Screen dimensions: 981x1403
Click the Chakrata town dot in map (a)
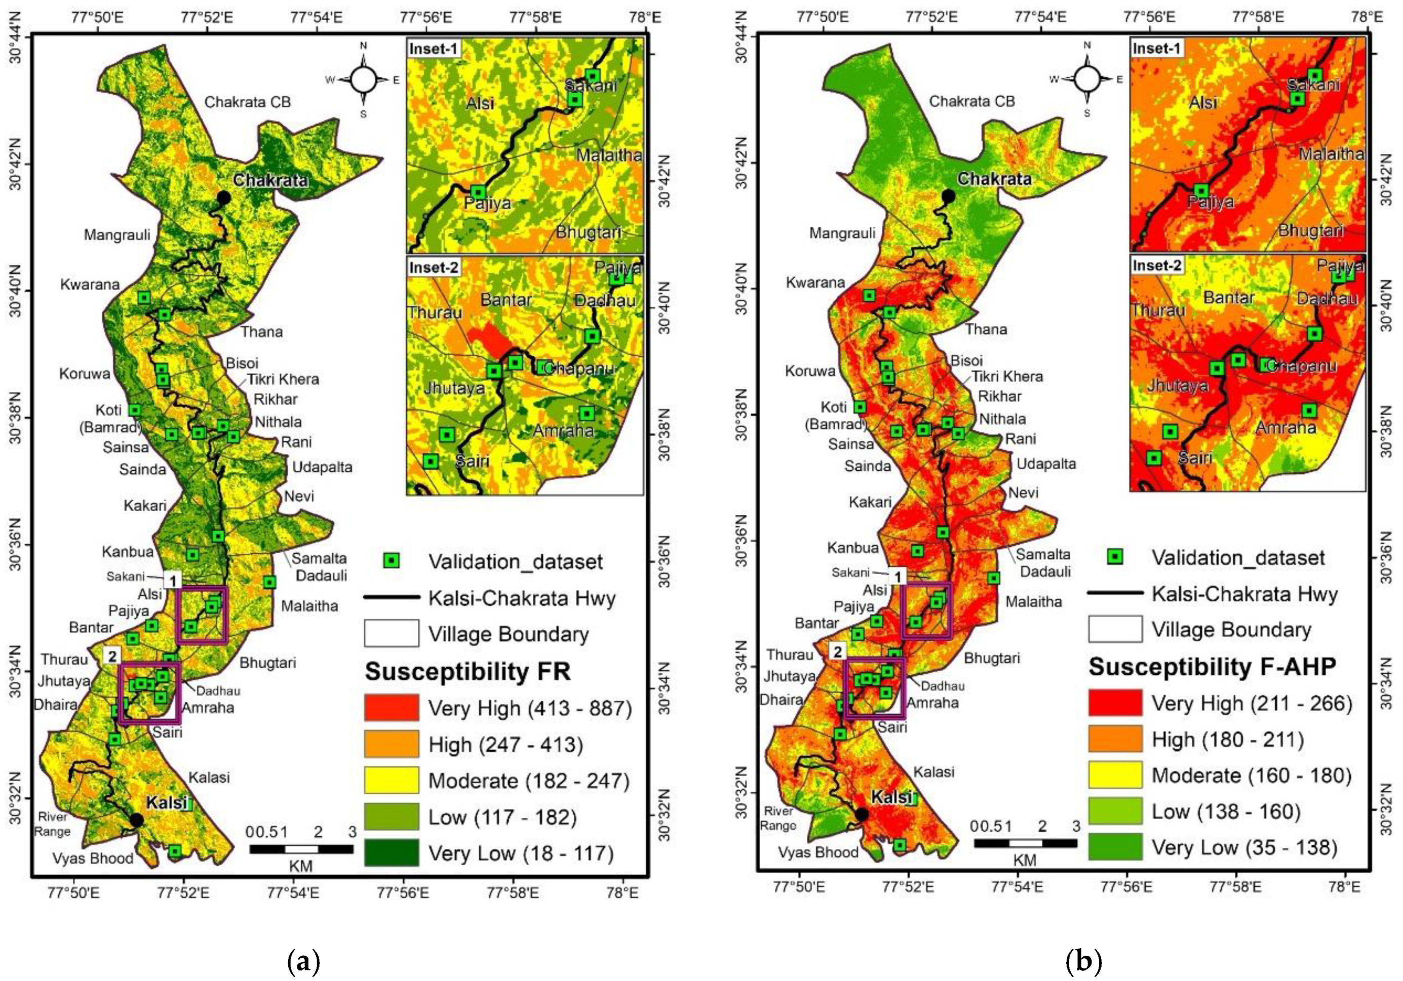[x=224, y=197]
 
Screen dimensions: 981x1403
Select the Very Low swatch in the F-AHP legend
[x=1115, y=847]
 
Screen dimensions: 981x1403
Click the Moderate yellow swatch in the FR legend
[x=391, y=780]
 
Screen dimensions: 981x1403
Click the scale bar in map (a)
[x=301, y=849]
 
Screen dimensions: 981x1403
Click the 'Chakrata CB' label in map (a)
[x=248, y=102]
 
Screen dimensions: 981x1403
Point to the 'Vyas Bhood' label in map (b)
[x=817, y=852]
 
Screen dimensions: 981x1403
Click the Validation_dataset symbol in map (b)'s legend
[x=1115, y=556]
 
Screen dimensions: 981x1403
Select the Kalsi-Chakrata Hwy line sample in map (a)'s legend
[x=391, y=597]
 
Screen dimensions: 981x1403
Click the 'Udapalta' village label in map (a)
[x=322, y=467]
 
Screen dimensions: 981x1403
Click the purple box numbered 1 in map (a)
[x=202, y=615]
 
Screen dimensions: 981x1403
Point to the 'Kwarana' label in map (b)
[x=815, y=283]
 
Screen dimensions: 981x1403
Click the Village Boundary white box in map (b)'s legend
[x=1115, y=629]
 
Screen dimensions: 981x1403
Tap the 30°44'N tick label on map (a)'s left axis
[x=14, y=36]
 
